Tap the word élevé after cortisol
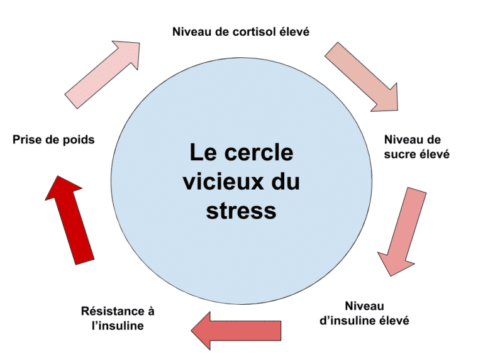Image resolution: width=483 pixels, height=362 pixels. (x=294, y=31)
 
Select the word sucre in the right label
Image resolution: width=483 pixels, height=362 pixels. (x=398, y=154)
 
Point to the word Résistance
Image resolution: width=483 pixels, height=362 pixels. (x=113, y=311)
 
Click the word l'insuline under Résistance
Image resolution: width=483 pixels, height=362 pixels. (x=118, y=326)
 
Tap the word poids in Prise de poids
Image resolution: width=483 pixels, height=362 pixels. (x=79, y=140)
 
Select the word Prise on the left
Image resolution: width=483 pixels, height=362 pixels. (x=28, y=140)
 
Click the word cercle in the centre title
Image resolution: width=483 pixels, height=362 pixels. (x=258, y=152)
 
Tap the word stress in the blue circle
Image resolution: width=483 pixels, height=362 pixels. (x=241, y=211)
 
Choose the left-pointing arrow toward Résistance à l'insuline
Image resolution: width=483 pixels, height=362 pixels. (x=236, y=331)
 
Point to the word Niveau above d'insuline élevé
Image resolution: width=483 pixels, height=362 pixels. (x=364, y=306)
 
